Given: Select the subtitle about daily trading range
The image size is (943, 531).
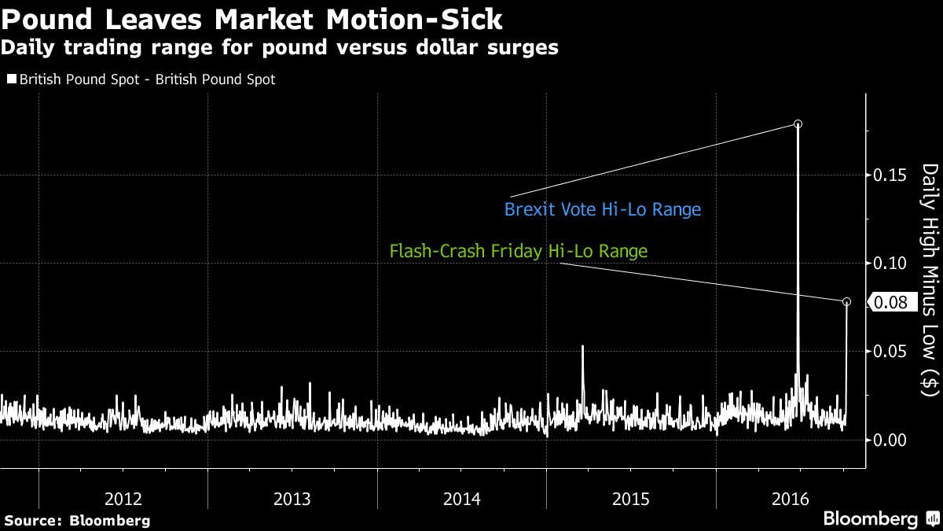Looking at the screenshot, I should point(279,47).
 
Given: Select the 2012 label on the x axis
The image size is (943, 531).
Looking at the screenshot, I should point(123,498).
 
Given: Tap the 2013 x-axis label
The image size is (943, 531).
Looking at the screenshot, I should point(292,498).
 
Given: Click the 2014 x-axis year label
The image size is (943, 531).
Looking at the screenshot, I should point(462,498).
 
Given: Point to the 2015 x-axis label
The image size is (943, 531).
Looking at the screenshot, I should point(631,498).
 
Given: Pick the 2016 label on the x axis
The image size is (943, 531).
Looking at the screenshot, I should point(801,498).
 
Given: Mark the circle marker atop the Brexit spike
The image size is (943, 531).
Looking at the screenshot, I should point(798,124).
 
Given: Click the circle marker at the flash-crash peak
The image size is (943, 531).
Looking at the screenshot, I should point(846,302).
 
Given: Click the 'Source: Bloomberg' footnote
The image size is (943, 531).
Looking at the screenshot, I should point(77,521).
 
